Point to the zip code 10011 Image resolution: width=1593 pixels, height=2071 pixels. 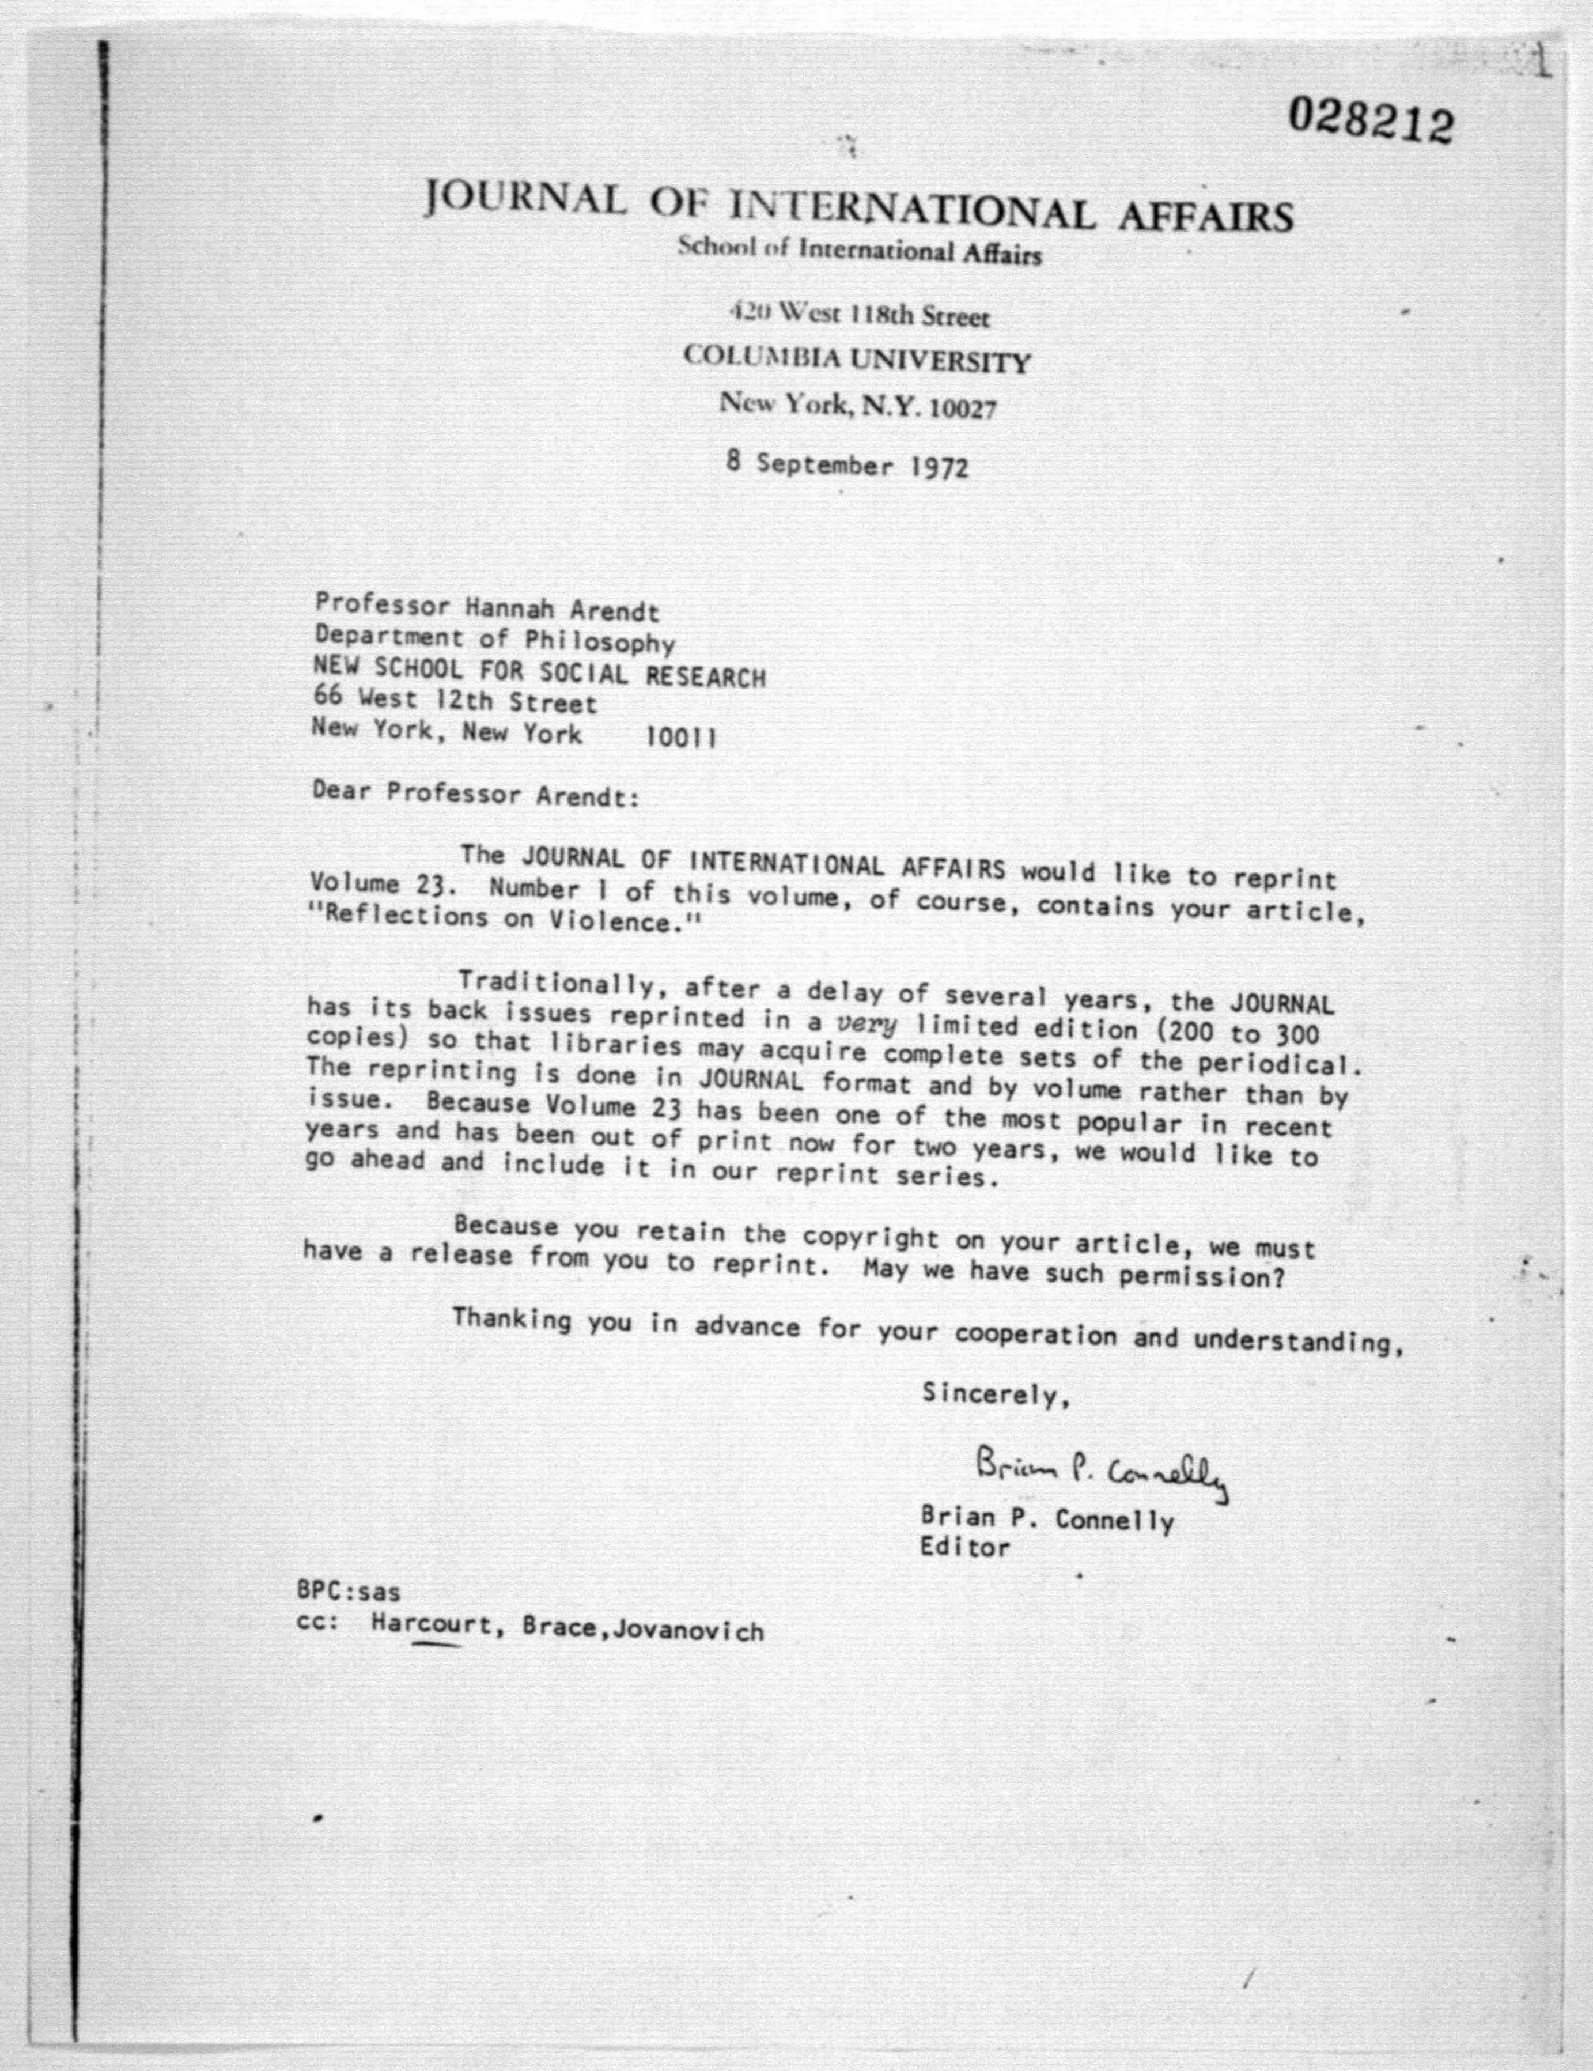(681, 737)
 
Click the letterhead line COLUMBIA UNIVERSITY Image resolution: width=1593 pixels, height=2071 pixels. (856, 360)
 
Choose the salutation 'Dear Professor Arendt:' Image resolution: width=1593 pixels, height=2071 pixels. (475, 793)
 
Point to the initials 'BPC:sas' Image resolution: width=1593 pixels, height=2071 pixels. (348, 1589)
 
